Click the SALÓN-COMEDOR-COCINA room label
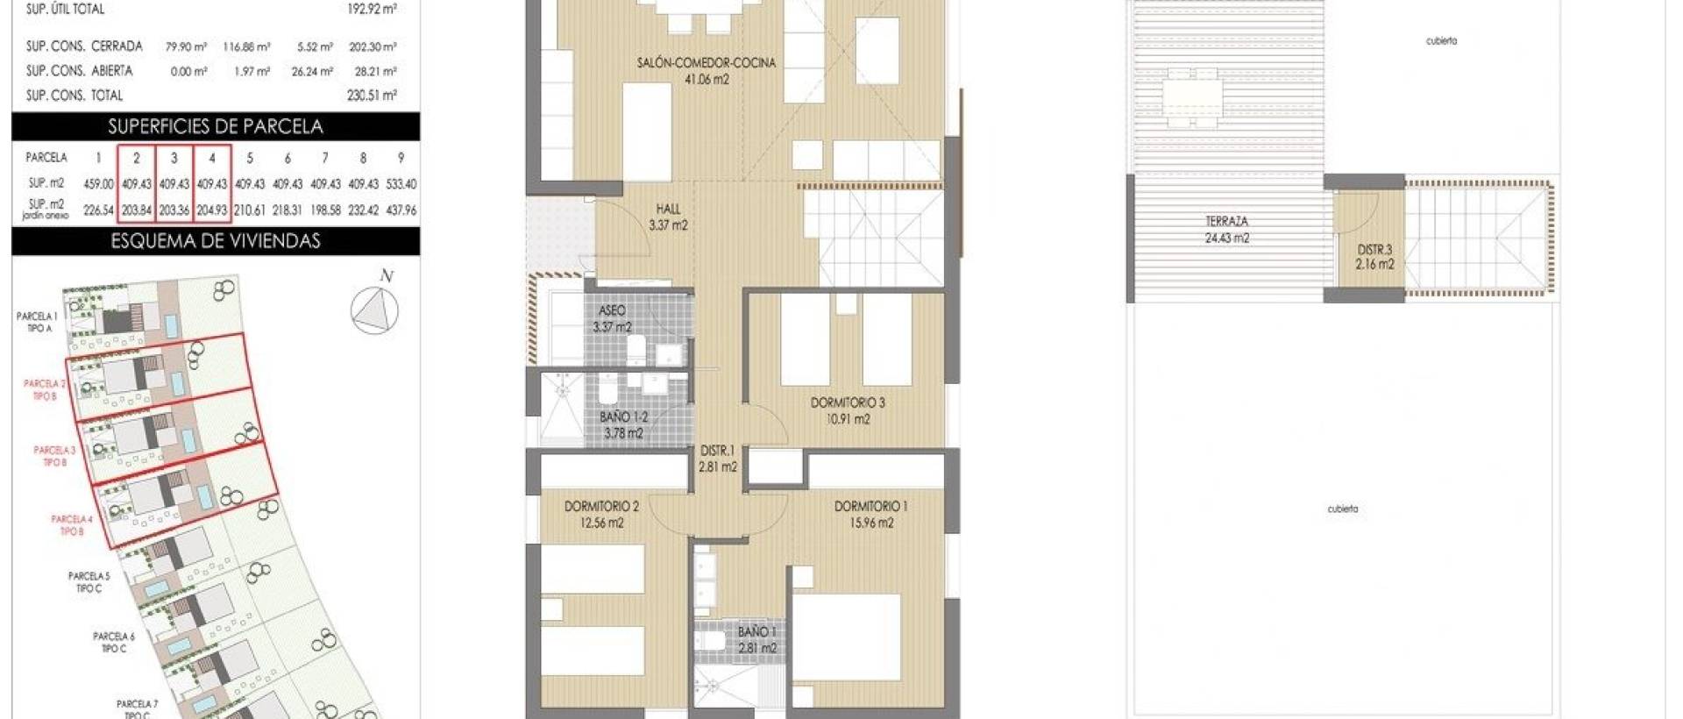click(x=707, y=63)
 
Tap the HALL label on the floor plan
click(x=668, y=210)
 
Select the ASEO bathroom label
click(x=612, y=311)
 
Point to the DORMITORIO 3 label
click(x=847, y=403)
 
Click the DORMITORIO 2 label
click(x=601, y=507)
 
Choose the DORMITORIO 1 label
click(x=870, y=507)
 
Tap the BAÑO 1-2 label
click(x=623, y=417)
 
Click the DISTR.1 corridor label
click(x=717, y=452)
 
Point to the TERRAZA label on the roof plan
click(x=1226, y=222)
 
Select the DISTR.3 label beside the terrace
click(x=1374, y=250)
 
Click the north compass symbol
click(x=374, y=310)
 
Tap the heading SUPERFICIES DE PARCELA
click(x=216, y=126)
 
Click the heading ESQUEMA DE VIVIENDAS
click(x=216, y=241)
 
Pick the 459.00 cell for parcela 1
click(x=98, y=184)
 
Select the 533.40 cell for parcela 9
click(x=401, y=184)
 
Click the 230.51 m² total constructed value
click(x=372, y=96)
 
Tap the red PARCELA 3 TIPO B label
click(x=54, y=456)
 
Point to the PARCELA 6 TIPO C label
click(x=114, y=642)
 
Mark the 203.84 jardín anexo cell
click(x=136, y=210)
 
